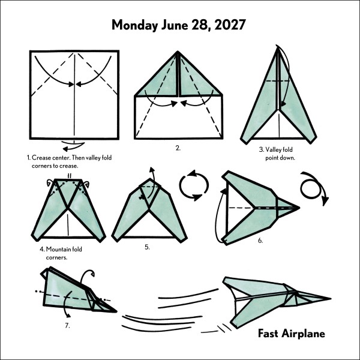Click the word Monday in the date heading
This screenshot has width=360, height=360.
pos(134,25)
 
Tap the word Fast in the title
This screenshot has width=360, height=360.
pos(268,334)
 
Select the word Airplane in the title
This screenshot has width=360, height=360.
pos(303,334)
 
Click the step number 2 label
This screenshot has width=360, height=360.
pos(178,148)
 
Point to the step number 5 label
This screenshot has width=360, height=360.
pos(147,247)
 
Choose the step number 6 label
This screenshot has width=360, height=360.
pos(260,241)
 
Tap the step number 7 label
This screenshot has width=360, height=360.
pos(67,326)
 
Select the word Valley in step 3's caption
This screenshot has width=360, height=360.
pos(272,149)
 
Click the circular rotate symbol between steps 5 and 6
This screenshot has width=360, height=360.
pos(194,185)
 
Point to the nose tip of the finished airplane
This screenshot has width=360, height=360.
pos(331,299)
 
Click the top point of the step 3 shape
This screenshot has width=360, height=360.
pos(278,47)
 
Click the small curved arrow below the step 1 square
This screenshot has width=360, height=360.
pos(73,146)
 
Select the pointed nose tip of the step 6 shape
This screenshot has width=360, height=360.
pos(299,208)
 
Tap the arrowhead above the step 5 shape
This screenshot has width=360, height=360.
pos(152,169)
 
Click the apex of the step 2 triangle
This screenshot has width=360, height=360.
pos(178,52)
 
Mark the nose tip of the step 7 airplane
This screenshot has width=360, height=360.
pos(116,311)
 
